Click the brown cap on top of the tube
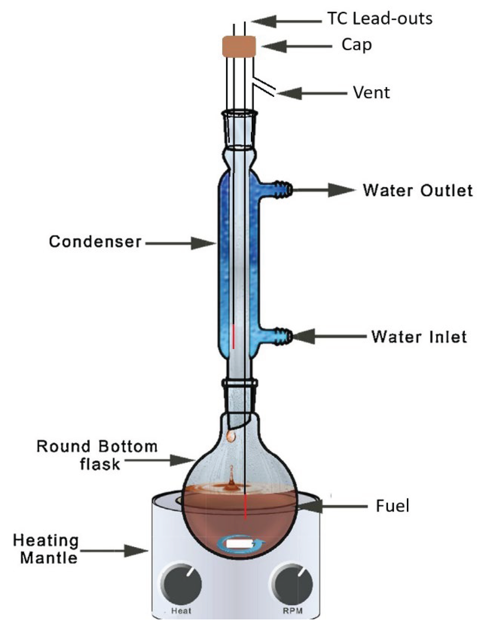(239, 46)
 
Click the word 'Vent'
(371, 93)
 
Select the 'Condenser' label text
(95, 242)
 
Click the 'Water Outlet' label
(418, 190)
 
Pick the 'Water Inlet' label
(419, 336)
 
